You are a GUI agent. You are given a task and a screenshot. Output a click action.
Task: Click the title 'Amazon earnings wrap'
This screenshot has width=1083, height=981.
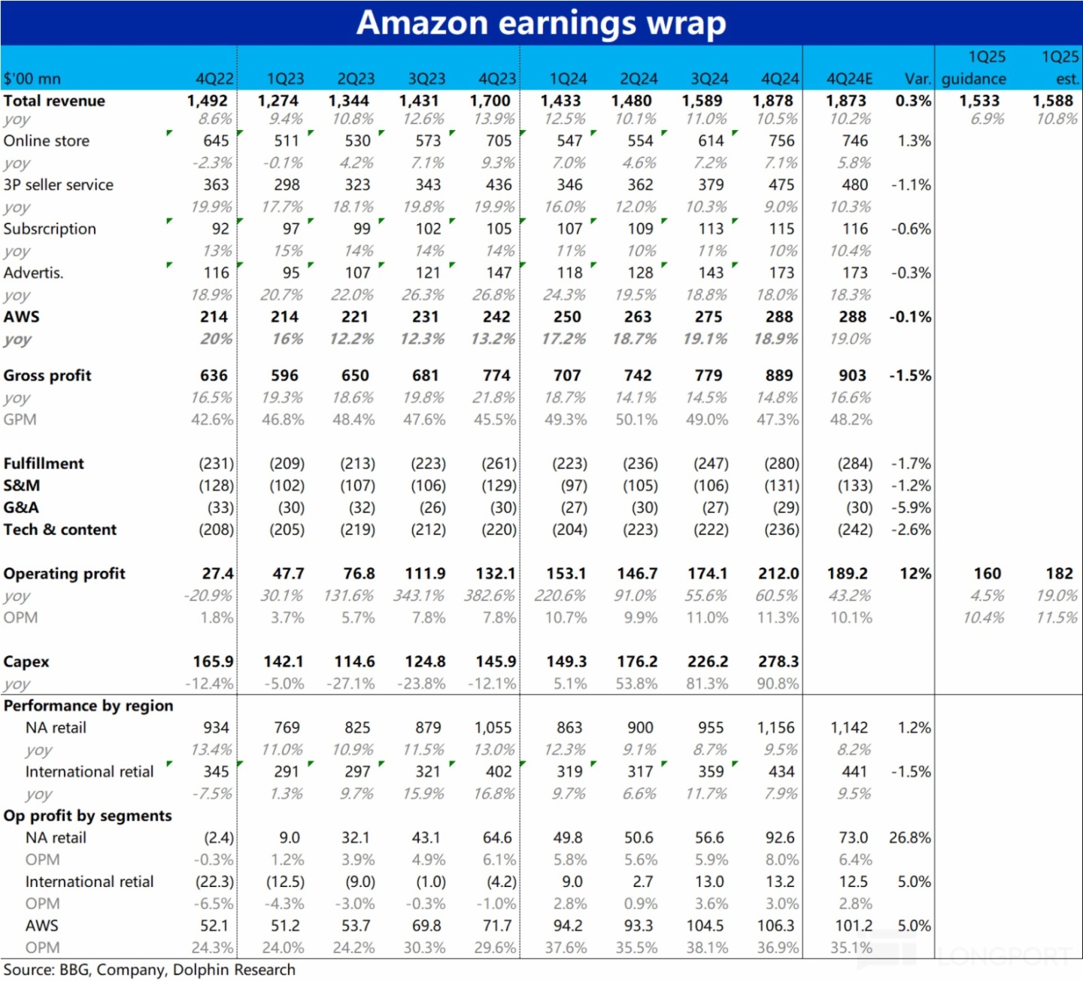541,23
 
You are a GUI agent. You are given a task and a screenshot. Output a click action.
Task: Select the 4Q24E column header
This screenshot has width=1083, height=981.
849,79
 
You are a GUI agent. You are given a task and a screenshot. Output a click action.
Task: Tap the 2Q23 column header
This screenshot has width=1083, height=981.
355,79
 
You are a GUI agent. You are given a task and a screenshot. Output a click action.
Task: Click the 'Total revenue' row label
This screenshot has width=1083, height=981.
54,101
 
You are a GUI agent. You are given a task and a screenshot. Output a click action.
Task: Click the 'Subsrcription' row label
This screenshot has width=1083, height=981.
50,229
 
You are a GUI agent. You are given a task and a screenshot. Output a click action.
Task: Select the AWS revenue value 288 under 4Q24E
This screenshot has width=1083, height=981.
852,317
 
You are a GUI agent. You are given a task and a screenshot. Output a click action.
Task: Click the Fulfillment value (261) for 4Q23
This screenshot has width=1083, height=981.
499,463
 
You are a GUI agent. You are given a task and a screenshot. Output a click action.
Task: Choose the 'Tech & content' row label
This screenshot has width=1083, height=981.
60,530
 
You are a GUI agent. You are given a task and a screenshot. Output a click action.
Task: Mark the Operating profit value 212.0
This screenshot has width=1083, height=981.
778,573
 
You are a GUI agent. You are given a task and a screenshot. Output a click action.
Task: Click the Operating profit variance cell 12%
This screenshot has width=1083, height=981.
915,573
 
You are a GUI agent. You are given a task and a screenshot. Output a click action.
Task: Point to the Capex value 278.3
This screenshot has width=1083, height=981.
778,661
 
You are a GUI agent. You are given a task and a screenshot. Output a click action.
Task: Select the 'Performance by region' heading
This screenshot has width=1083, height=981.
88,706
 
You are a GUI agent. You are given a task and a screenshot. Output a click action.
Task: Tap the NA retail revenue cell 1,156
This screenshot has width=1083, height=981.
775,727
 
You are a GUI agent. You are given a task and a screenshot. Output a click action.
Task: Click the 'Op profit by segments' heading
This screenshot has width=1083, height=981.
87,815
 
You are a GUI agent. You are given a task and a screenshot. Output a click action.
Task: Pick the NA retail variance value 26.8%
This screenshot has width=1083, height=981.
909,837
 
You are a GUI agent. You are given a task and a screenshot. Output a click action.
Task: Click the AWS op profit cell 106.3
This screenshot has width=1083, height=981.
778,925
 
